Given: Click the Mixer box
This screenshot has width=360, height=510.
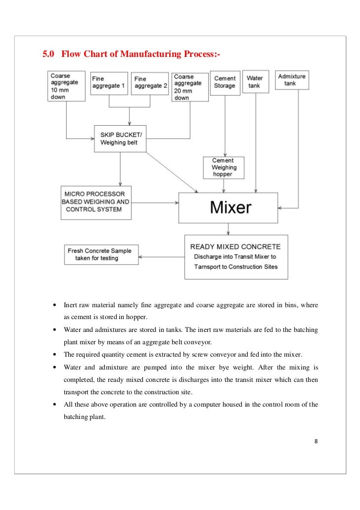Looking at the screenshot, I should [231, 207].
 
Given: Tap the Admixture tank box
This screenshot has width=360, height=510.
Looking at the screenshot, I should [292, 80].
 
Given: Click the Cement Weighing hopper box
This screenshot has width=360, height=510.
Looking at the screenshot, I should [223, 168].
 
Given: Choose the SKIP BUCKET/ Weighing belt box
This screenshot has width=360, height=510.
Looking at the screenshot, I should [120, 139].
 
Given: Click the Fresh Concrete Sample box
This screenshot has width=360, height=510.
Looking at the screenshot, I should [101, 254].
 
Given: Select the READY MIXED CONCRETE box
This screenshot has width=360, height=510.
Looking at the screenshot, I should [235, 257].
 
